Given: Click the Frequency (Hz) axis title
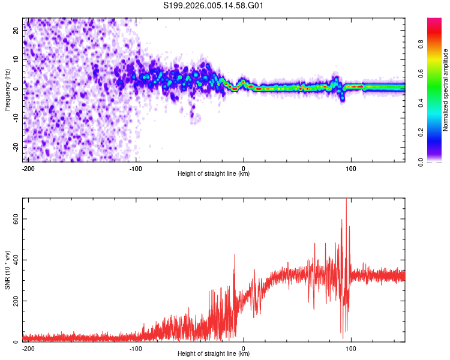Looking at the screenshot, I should [x=7, y=89].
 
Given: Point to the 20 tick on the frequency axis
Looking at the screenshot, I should [x=17, y=32].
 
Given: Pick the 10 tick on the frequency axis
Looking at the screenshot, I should [x=17, y=60].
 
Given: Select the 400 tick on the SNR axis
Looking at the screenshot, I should [x=14, y=260].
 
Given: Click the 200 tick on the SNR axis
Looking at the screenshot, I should [x=14, y=301].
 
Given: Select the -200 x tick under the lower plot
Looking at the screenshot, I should [x=28, y=348].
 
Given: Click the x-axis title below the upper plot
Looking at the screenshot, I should [x=214, y=174].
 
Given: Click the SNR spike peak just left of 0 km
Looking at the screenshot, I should [x=234, y=254].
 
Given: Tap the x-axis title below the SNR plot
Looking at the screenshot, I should [x=214, y=354].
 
